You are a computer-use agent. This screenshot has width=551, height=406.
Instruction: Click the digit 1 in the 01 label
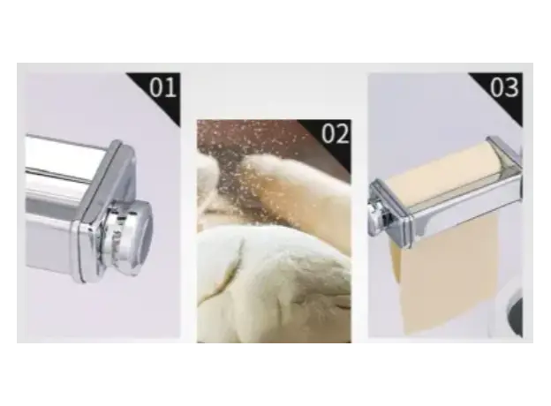pos(170,87)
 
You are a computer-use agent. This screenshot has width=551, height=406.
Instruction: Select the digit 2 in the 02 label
pos(343,133)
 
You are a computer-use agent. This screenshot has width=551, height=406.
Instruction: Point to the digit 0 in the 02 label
pos(328,133)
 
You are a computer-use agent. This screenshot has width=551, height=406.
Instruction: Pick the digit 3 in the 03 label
pos(511,87)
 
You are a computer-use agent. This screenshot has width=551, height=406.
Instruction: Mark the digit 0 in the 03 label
pos(497,87)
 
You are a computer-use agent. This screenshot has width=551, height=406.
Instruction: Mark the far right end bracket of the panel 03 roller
pos(506,154)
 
